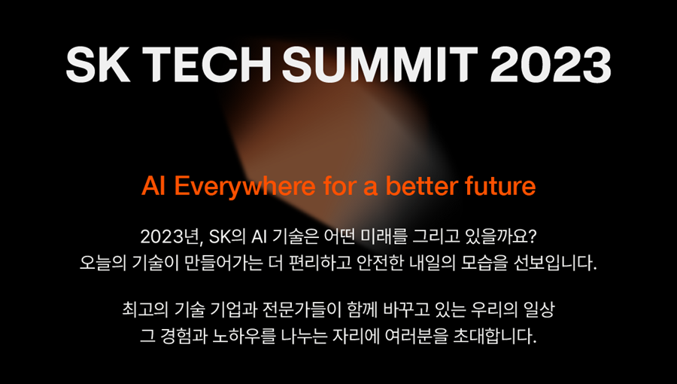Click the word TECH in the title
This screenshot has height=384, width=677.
[208, 64]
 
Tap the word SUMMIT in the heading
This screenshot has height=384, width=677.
[380, 64]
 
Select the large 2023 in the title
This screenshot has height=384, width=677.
[551, 64]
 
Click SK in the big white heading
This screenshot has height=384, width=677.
[98, 64]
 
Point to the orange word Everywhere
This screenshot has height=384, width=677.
[244, 186]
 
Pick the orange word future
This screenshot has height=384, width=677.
[500, 186]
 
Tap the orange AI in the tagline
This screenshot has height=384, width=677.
[153, 186]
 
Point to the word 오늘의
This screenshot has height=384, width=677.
[103, 263]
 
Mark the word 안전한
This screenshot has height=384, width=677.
[380, 263]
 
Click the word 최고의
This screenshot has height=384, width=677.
[145, 309]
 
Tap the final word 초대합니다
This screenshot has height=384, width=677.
[494, 336]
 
